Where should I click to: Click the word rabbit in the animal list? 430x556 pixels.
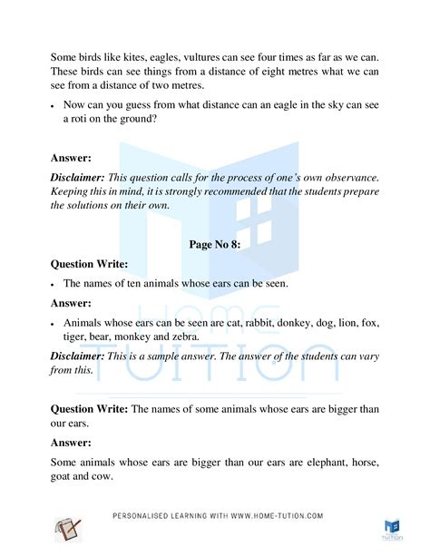pyautogui.click(x=240, y=323)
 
